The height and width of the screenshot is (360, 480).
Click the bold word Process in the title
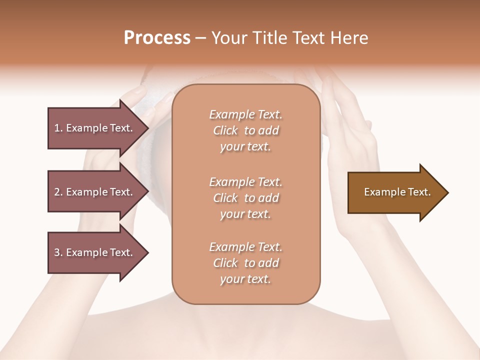pyautogui.click(x=157, y=38)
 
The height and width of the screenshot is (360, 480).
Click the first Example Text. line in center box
pyautogui.click(x=245, y=114)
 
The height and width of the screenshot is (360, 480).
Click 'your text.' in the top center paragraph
pyautogui.click(x=245, y=147)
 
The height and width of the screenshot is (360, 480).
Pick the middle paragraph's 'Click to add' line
pyautogui.click(x=245, y=198)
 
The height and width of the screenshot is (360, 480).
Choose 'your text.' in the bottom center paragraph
pyautogui.click(x=245, y=279)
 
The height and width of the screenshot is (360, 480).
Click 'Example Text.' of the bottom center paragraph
pyautogui.click(x=245, y=247)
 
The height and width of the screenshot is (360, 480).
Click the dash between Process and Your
pyautogui.click(x=200, y=38)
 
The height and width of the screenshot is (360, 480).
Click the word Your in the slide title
pyautogui.click(x=228, y=38)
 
